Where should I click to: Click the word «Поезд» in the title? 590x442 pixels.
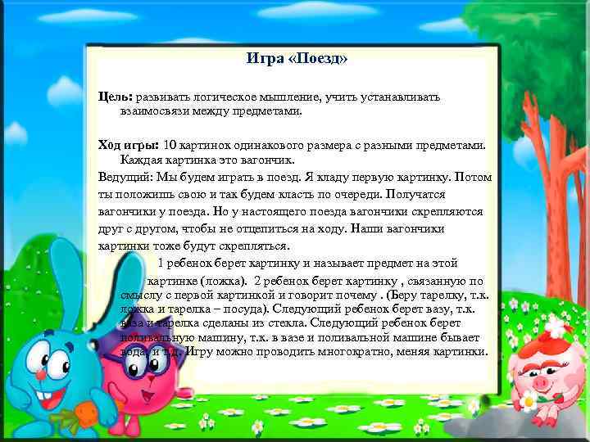[322, 59]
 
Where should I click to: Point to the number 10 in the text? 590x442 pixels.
[170, 145]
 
